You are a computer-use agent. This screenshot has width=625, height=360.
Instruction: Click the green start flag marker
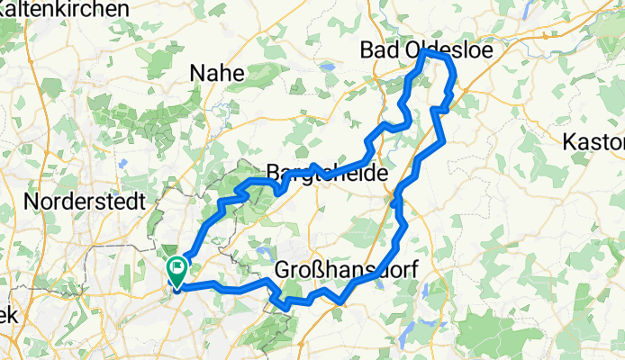177,267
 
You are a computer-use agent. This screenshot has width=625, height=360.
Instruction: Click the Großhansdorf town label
346,269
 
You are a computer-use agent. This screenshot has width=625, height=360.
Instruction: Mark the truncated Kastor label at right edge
593,142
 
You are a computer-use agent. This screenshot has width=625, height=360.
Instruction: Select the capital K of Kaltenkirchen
5,8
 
